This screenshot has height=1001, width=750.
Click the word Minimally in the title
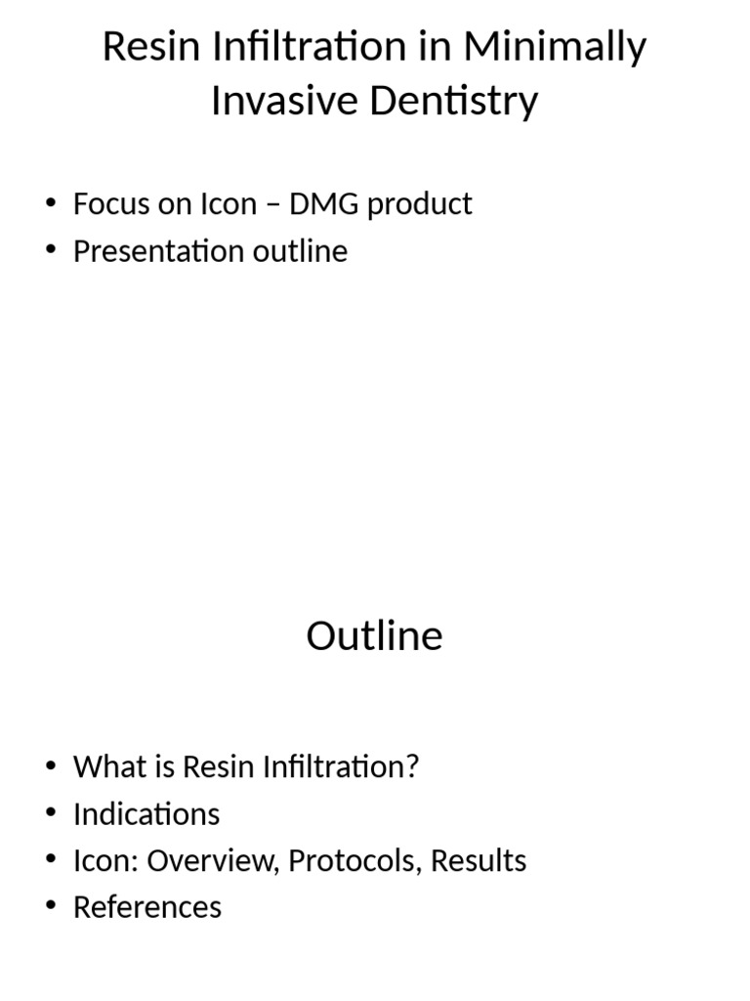click(555, 47)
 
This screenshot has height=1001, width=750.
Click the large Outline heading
click(374, 635)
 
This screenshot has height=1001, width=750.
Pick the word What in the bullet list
click(106, 766)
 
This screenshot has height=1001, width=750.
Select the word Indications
click(146, 813)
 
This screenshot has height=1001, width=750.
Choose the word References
click(147, 907)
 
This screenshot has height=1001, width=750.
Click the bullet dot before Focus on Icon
click(52, 204)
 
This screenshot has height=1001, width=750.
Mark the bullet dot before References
click(52, 908)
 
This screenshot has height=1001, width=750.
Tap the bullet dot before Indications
click(52, 814)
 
